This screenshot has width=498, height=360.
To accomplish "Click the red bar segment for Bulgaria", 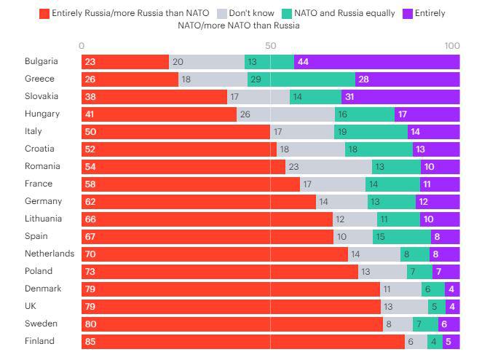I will point(125,62).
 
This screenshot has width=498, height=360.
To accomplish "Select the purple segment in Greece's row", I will point(407,79).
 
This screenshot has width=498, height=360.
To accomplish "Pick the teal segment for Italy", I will point(371,132).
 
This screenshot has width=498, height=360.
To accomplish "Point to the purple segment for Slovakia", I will point(400,97).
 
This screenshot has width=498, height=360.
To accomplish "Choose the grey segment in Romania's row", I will point(328,167).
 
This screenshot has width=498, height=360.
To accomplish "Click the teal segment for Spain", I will point(401,237).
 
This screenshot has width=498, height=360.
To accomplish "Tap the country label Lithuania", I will point(43,219).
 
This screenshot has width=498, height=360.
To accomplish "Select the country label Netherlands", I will point(50,254).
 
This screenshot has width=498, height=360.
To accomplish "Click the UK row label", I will point(31,306).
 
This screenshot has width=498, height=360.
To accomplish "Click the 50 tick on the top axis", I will point(270,45).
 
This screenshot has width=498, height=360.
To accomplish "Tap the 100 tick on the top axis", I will point(452,45).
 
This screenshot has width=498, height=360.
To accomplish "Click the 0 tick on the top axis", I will point(82,45).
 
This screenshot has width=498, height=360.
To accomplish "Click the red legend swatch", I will point(44,13).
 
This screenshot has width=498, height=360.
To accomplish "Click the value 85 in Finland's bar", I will point(90,342).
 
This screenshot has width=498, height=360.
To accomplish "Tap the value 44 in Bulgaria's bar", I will point(303,62).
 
